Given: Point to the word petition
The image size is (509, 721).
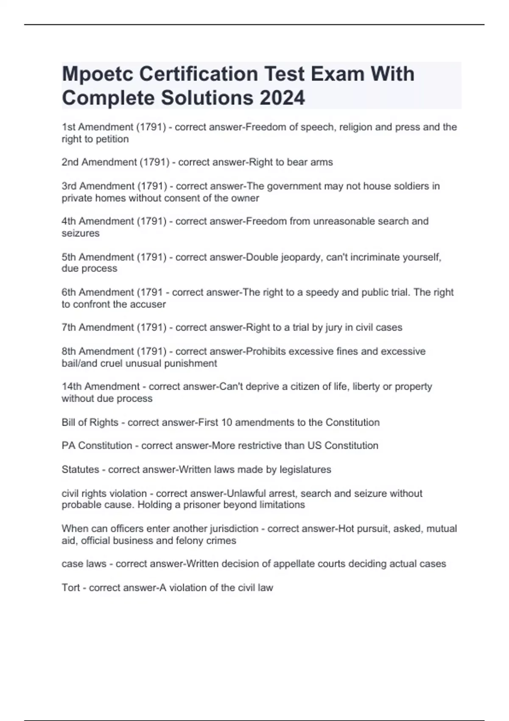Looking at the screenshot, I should click(112, 139).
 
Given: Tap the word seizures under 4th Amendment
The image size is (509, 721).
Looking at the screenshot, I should click(81, 233).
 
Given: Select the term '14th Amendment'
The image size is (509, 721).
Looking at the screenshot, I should click(101, 387).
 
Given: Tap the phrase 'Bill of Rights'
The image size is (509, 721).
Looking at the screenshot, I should click(90, 422).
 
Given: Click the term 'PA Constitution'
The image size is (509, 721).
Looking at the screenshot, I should click(97, 446).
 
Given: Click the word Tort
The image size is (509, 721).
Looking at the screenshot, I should click(71, 588).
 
